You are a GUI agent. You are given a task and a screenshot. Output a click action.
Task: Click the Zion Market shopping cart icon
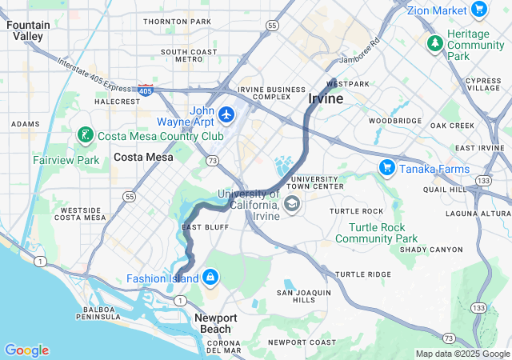pos(479,10)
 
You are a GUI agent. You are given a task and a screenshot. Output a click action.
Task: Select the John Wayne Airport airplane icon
pos(227,115)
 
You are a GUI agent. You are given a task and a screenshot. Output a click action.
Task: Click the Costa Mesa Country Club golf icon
pos(85,136)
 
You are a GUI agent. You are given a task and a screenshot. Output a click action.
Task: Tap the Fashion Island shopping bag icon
pos(210,278)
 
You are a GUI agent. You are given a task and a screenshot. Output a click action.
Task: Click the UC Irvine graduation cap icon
pos(291,206)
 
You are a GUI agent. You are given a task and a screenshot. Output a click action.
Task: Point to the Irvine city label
pos(326,98)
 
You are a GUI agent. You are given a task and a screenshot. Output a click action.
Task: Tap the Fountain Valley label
pos(28,30)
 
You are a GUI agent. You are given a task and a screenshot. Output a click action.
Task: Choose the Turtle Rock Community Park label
pos(376,233)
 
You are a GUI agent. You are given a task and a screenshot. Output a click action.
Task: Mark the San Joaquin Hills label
pos(303,297)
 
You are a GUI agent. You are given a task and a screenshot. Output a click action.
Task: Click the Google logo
pos(26,350)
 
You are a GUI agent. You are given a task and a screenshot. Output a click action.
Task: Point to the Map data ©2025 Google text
pos(462,354)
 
